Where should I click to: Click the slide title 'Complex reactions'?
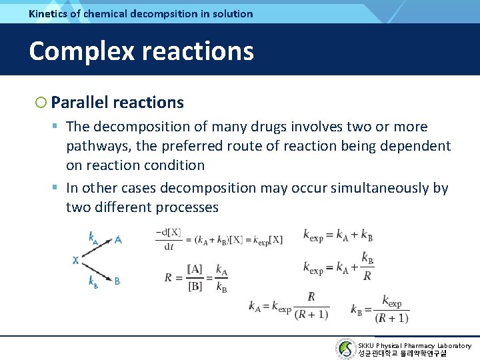141,51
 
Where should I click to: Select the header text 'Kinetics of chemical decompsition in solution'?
141,13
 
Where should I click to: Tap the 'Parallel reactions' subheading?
117,102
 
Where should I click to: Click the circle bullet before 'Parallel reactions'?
41,102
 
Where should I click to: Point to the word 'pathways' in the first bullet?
95,145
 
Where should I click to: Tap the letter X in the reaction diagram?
75,260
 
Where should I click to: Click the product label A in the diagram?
117,239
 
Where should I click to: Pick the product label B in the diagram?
117,281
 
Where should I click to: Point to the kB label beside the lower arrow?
93,281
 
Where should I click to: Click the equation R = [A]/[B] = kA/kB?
197,277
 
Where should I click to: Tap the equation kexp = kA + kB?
338,235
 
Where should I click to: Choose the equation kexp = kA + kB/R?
338,266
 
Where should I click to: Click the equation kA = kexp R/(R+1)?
285,306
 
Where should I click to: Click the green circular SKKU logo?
345,349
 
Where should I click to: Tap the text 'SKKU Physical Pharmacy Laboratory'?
414,345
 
